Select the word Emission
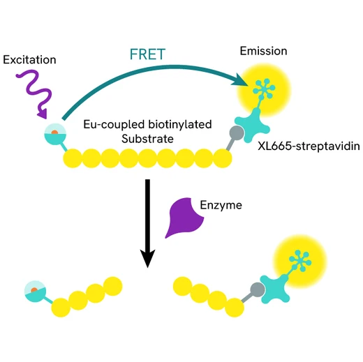[263, 51]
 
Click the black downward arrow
[147, 223]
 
